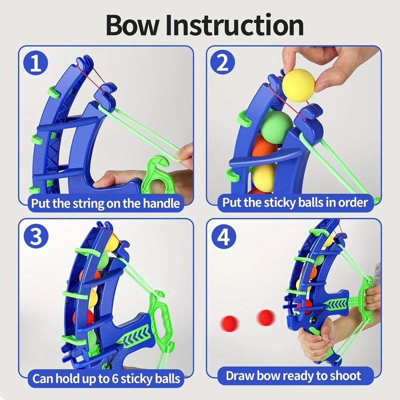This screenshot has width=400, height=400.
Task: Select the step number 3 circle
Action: [36, 236]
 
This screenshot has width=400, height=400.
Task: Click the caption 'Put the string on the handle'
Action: [105, 203]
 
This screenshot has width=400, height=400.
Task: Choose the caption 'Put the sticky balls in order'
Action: [295, 203]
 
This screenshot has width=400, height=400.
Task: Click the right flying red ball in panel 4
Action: [265, 316]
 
